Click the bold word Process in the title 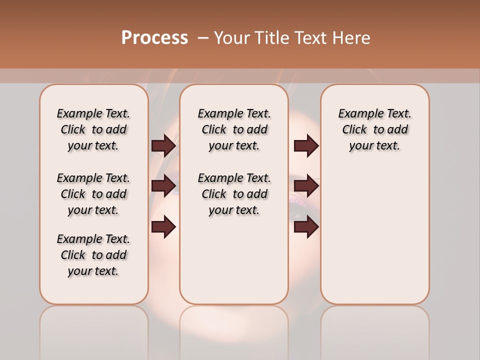click(x=154, y=38)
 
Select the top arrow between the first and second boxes click(x=163, y=146)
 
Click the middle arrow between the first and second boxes click(x=163, y=186)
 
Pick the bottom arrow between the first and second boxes click(x=163, y=227)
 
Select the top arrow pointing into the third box click(x=306, y=146)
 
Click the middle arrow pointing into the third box click(x=306, y=186)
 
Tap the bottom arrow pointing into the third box click(x=306, y=227)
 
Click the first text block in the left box click(x=93, y=129)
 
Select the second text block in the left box click(x=93, y=194)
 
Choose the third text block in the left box click(x=93, y=255)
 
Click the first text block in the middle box click(x=234, y=129)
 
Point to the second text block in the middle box click(x=234, y=194)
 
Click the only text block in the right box click(x=374, y=129)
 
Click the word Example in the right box click(x=357, y=114)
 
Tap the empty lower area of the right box click(x=374, y=235)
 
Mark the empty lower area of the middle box click(x=234, y=260)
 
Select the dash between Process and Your click(x=203, y=38)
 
